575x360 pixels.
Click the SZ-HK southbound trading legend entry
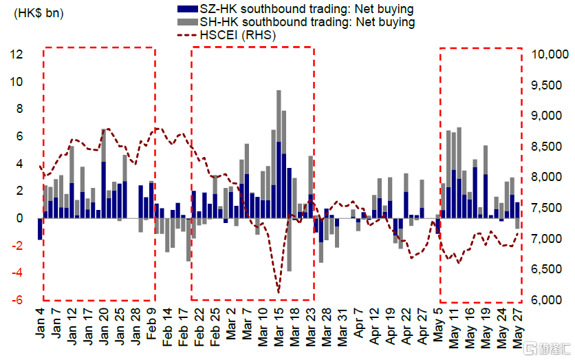(x=296, y=9)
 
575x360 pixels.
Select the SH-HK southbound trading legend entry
(x=296, y=22)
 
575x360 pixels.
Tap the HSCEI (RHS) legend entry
(x=237, y=35)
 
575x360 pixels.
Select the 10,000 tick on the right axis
(x=547, y=54)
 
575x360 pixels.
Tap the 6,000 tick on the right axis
(x=547, y=300)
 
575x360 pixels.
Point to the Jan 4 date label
(x=41, y=326)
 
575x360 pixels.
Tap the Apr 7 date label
(x=358, y=326)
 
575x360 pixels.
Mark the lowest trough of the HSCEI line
(x=279, y=292)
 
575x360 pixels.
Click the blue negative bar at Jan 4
(x=41, y=229)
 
